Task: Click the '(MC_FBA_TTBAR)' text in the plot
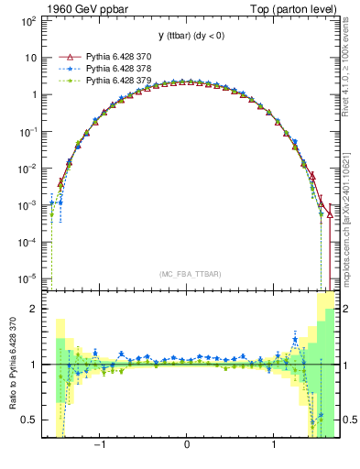tap(187, 273)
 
